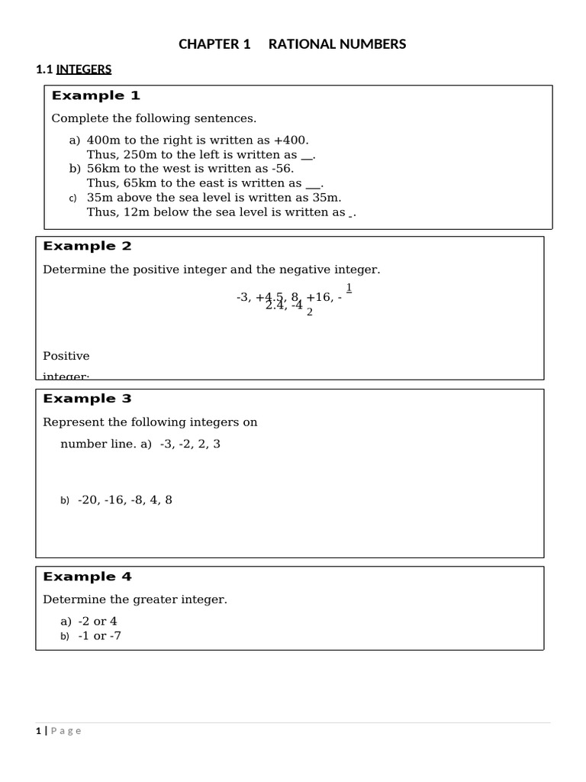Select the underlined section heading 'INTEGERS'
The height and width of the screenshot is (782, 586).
coord(84,69)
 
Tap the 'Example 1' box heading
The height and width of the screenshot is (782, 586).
coord(96,95)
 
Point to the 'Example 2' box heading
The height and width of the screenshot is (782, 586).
coord(87,246)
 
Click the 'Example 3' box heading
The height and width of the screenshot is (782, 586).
coord(87,399)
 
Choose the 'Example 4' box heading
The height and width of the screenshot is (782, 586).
coord(87,577)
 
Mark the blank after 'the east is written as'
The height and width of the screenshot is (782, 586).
coord(314,183)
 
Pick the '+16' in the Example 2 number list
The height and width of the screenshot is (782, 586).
coord(319,296)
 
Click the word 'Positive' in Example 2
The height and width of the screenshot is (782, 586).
coord(66,356)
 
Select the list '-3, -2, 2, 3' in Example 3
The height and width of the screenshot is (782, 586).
coord(190,444)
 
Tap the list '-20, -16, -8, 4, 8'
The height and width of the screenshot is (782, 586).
coord(125,500)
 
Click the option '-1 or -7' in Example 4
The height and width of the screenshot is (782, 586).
coord(99,635)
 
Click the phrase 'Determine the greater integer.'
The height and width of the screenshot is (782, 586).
coord(135,599)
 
